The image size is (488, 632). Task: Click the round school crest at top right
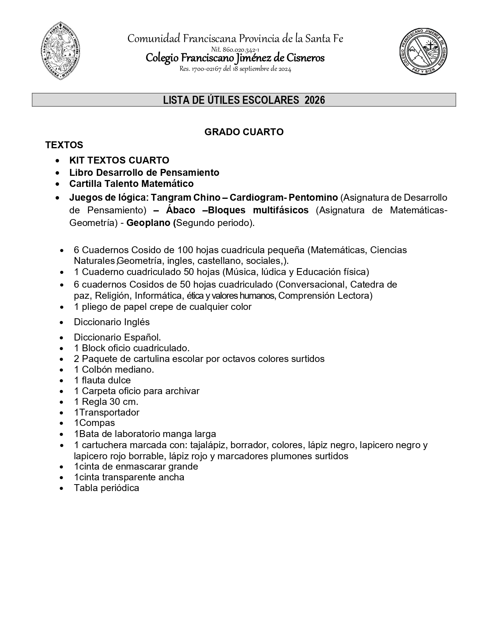[423, 52]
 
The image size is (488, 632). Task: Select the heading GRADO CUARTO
[244, 132]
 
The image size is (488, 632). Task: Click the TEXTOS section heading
[64, 145]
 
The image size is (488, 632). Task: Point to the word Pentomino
[313, 198]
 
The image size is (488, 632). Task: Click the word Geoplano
[149, 223]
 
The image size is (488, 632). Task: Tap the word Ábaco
[181, 210]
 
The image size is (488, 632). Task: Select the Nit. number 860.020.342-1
[235, 50]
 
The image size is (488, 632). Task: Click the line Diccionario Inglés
[111, 322]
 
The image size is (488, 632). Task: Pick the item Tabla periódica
[106, 488]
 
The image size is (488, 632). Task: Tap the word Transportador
[109, 413]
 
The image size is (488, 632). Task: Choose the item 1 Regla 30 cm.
[106, 402]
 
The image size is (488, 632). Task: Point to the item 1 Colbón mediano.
[114, 370]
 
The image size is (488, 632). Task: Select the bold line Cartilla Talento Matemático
[131, 184]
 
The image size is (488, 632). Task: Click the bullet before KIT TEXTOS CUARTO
[57, 160]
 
